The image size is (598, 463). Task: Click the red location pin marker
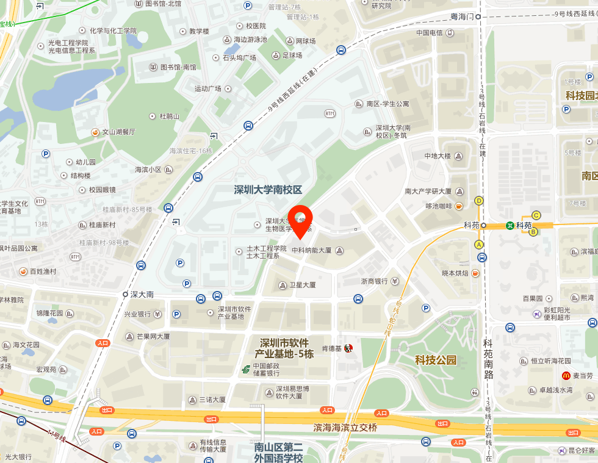(x=300, y=221)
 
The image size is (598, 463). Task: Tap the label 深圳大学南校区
(x=268, y=190)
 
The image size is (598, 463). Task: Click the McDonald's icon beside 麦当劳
(x=566, y=376)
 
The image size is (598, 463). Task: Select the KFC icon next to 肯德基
(x=348, y=348)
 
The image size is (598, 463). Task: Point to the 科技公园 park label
(x=436, y=360)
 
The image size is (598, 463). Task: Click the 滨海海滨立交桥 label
(x=345, y=428)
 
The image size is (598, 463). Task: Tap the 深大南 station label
(x=142, y=294)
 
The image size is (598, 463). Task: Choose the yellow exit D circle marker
(x=479, y=201)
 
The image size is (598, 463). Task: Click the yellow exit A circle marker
(x=479, y=245)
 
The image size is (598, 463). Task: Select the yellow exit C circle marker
(x=536, y=215)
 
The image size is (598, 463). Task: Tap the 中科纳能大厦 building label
(x=311, y=250)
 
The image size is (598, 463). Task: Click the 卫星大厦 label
(x=302, y=285)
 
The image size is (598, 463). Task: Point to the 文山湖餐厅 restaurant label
(x=118, y=131)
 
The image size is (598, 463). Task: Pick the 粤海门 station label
(x=462, y=17)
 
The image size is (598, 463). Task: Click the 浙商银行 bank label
(x=374, y=281)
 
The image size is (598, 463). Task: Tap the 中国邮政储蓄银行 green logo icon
(x=245, y=369)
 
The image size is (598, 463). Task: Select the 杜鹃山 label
(x=169, y=116)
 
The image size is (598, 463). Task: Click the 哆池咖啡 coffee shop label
(x=439, y=206)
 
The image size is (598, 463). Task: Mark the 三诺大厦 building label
(x=212, y=400)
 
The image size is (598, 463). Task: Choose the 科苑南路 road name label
(x=488, y=360)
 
